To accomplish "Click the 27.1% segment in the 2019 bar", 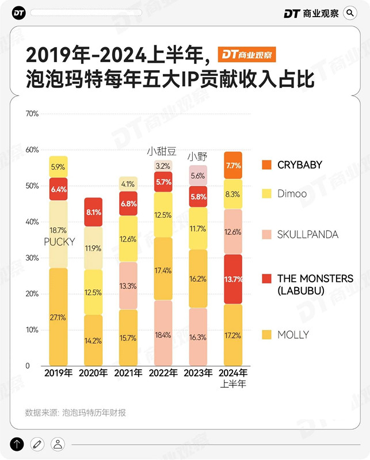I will (x=58, y=317).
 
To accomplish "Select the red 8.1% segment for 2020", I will (x=93, y=212).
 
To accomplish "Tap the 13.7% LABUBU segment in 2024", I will (x=232, y=279).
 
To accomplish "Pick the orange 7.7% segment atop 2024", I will (x=232, y=166).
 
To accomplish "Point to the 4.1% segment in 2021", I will (x=128, y=185).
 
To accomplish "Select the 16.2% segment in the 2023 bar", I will (x=198, y=279).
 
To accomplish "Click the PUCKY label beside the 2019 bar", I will (x=59, y=241).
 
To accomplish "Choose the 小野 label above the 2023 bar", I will (x=197, y=156).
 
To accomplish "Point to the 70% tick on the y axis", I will (x=32, y=114).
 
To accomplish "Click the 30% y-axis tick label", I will (x=32, y=258).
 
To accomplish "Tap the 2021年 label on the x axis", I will (x=128, y=373).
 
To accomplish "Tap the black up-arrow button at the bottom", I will (x=17, y=443).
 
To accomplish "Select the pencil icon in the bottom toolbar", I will (x=37, y=443).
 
